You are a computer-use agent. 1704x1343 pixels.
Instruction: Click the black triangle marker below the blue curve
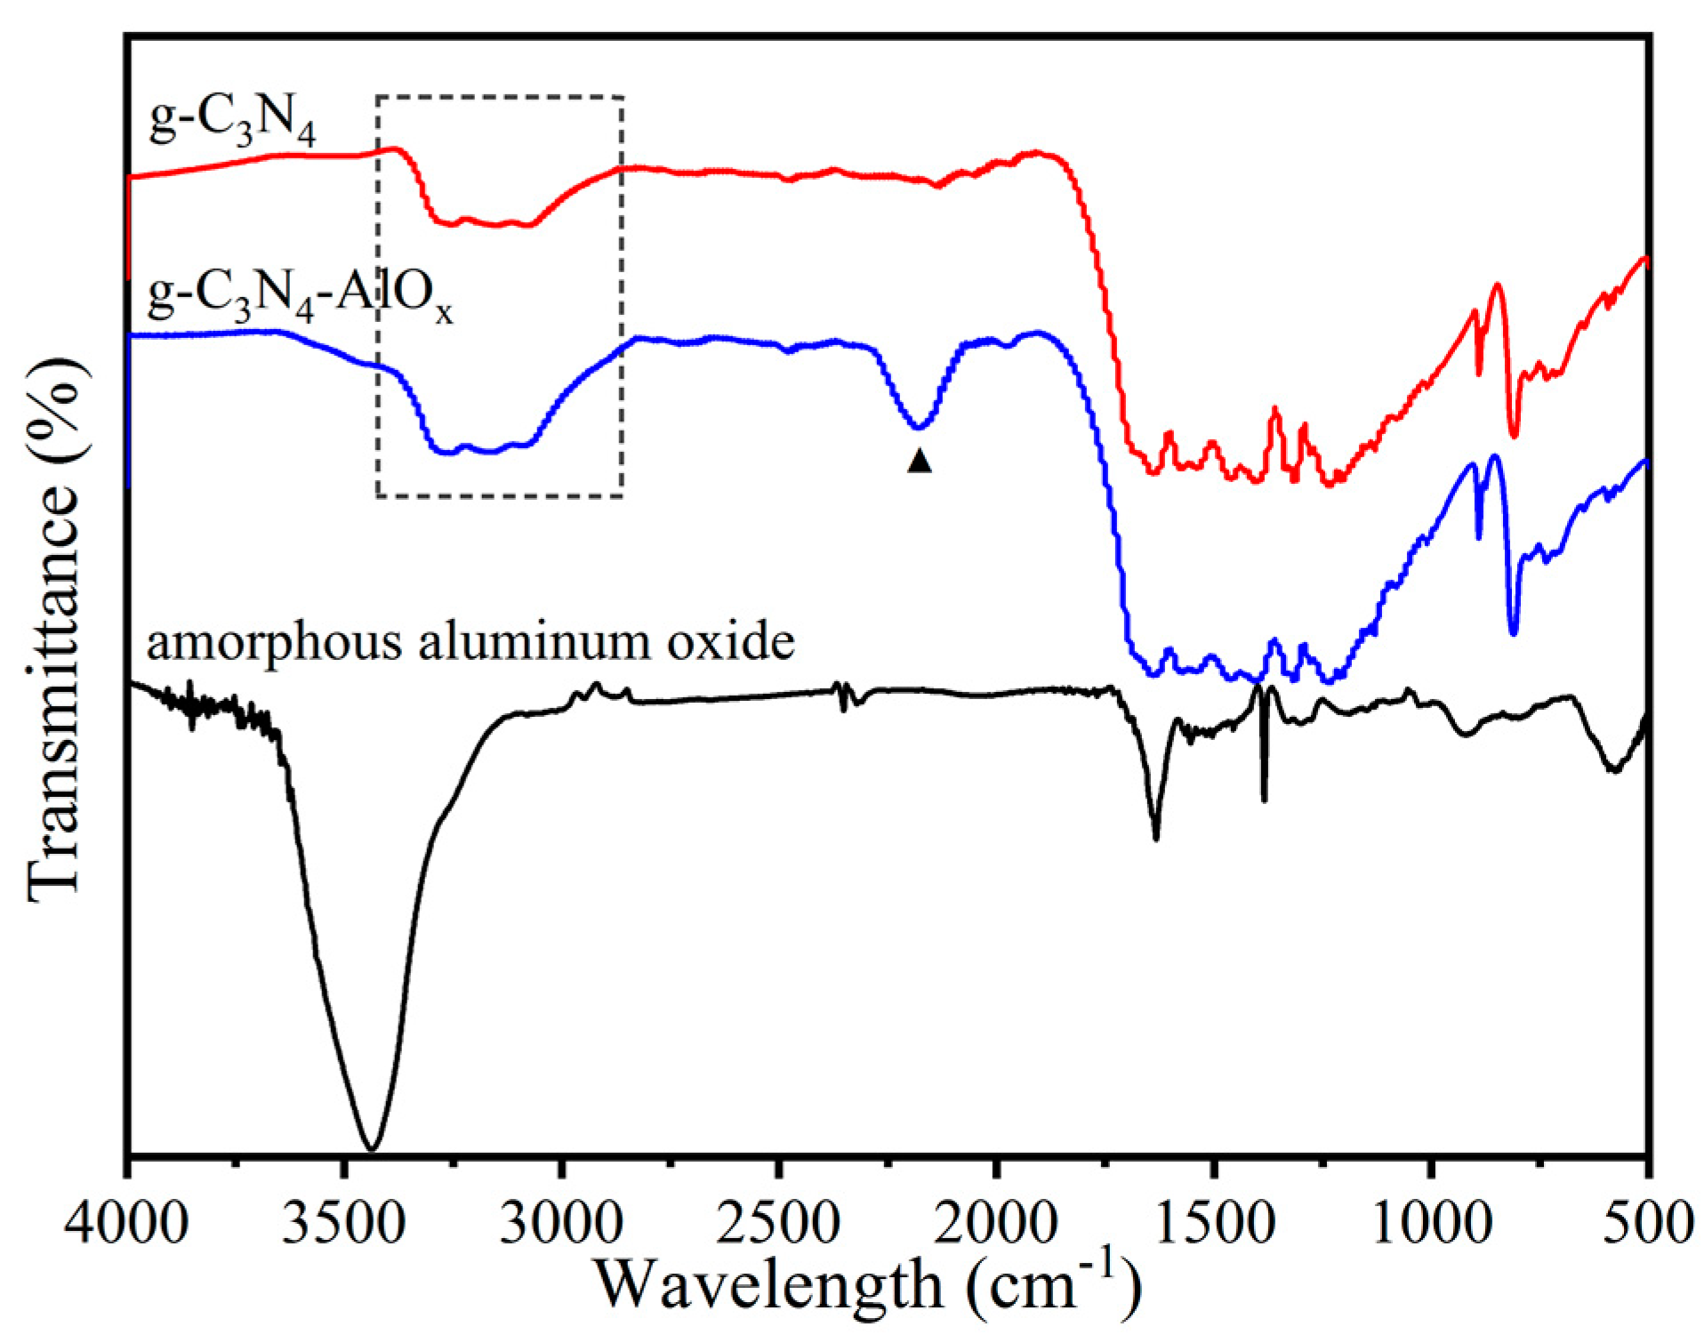pos(920,461)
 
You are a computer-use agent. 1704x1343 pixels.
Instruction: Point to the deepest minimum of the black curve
pos(373,1147)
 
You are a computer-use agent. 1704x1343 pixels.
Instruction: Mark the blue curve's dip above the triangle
pos(919,427)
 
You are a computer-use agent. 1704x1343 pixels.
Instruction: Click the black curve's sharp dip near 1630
pos(1156,836)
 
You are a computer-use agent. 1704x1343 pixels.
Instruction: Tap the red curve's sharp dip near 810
pos(1514,435)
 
